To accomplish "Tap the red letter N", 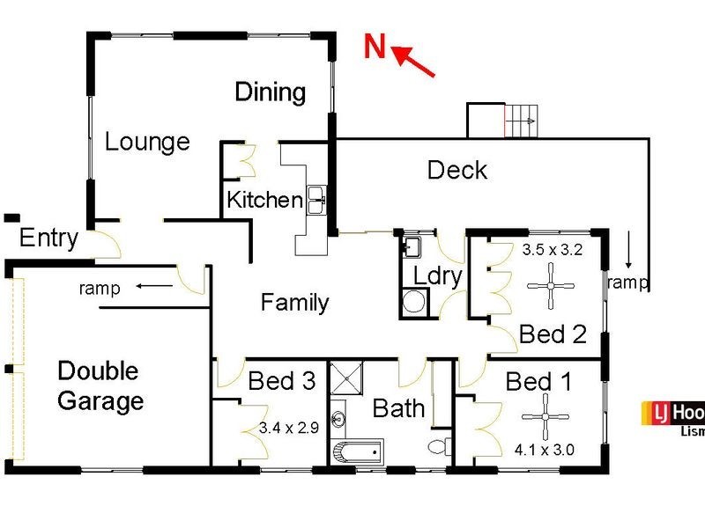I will tap(376, 46).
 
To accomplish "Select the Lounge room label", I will tap(147, 142).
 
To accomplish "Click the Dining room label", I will tap(271, 92).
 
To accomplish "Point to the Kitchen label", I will tap(264, 200).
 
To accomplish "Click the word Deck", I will tap(457, 170).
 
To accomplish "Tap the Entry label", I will tap(48, 238).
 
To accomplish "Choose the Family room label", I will tap(295, 304).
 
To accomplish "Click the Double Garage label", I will tap(100, 385).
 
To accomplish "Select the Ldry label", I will tap(438, 276).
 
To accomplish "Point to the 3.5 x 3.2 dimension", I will tap(553, 249).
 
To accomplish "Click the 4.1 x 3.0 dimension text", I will tap(544, 450).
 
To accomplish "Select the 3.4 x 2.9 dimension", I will tap(288, 429).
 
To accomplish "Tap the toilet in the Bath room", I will tap(438, 447).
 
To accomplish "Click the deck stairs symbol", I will tap(519, 118).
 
